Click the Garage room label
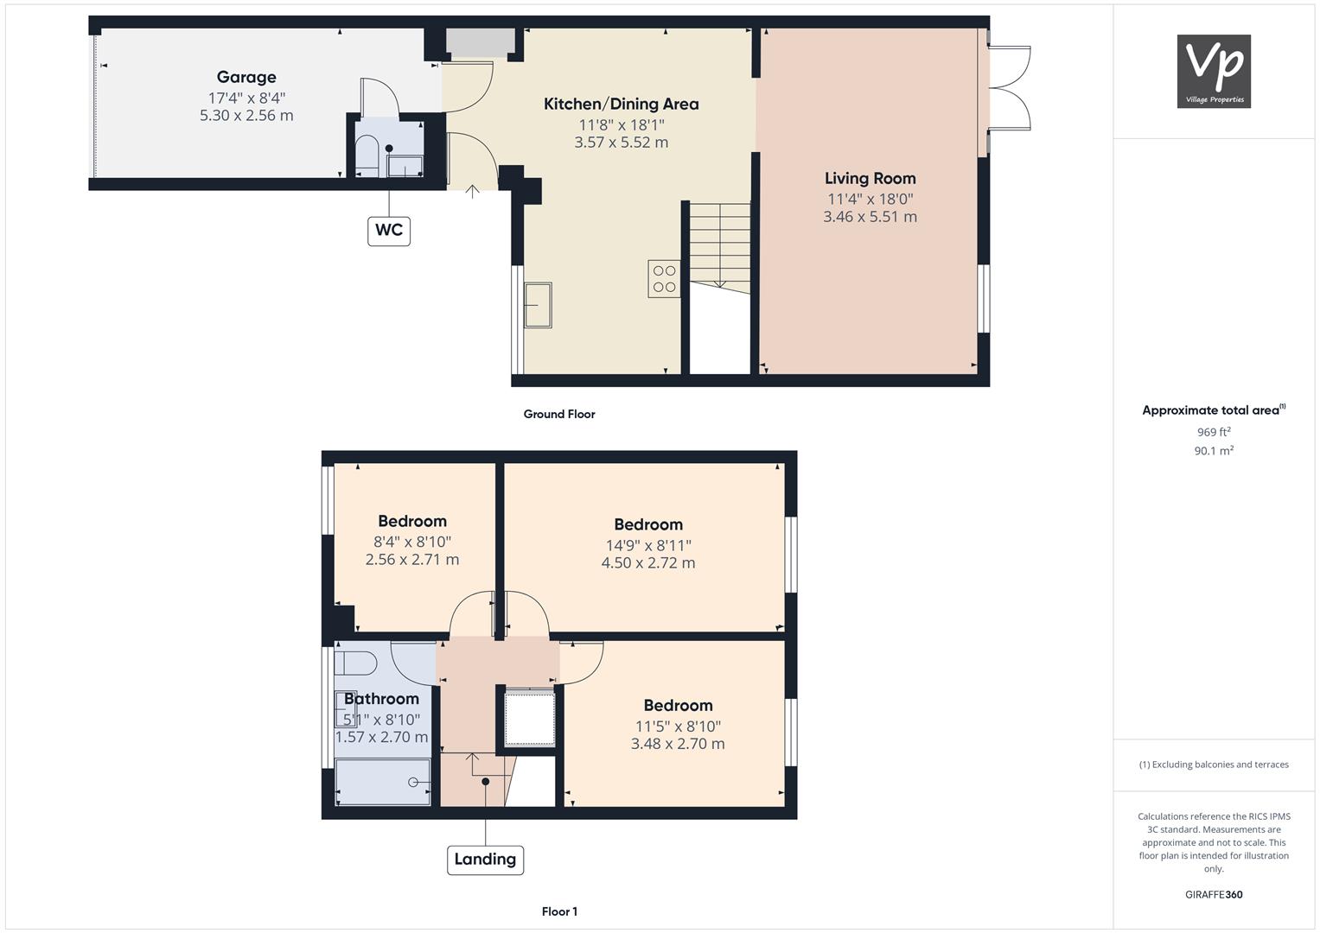(246, 77)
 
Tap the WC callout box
(389, 231)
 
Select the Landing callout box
(485, 860)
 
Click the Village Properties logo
(1214, 71)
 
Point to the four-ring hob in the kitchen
(664, 278)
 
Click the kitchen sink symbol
(538, 304)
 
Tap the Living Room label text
(870, 179)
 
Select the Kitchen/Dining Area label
(622, 105)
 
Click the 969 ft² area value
(1214, 432)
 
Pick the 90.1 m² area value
(1214, 451)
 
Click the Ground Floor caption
(559, 414)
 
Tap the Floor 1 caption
(559, 911)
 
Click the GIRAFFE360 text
(1214, 895)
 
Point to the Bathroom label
(381, 699)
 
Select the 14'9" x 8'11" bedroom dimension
(648, 545)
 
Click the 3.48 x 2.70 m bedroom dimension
(678, 744)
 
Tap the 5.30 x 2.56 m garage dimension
(246, 116)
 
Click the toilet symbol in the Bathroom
(355, 663)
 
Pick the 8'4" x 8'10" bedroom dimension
(412, 542)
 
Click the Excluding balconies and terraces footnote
(1214, 765)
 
